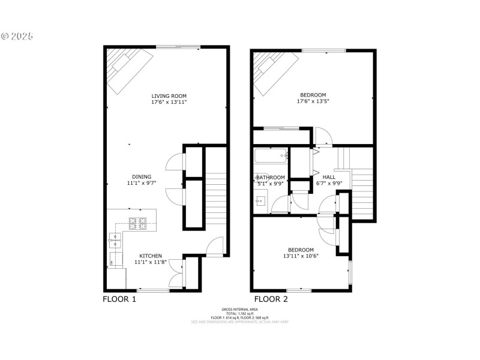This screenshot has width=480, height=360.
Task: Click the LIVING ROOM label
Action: pos(169,95)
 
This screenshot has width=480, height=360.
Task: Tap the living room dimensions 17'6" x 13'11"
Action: pos(169,103)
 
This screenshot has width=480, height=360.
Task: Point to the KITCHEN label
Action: pos(151,256)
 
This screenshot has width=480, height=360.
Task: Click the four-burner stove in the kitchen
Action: pos(137,224)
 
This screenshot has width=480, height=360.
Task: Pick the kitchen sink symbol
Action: pos(115,242)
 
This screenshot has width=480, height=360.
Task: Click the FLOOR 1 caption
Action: pos(119,299)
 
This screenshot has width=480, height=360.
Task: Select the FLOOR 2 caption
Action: pos(271,299)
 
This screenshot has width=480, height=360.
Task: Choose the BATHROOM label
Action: pos(270,178)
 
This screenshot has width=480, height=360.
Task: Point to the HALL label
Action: pos(329,178)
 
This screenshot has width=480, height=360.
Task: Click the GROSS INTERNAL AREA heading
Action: pos(240,309)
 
